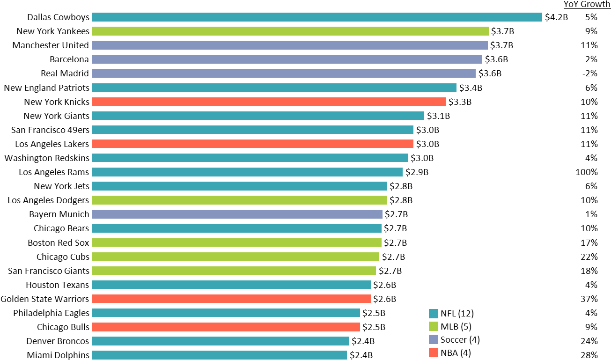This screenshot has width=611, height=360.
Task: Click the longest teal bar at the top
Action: (x=317, y=17)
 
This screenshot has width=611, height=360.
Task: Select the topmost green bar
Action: (x=290, y=31)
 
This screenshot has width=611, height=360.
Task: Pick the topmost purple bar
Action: (x=290, y=45)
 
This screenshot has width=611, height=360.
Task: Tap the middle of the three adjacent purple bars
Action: (x=287, y=59)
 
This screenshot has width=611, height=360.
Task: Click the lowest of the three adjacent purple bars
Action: (x=284, y=73)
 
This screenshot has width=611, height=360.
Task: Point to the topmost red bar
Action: (x=269, y=102)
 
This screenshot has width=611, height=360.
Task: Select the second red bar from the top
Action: (x=253, y=144)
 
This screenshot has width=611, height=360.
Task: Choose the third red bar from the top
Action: (x=231, y=299)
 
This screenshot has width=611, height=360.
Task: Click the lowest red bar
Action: (x=226, y=327)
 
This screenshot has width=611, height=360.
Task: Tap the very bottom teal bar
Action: (x=220, y=355)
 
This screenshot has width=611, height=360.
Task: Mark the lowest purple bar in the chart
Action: (x=237, y=214)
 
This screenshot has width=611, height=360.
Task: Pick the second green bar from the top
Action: (x=239, y=200)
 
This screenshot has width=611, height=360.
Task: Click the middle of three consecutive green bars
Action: (x=236, y=257)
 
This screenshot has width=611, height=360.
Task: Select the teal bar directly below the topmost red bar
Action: (x=258, y=116)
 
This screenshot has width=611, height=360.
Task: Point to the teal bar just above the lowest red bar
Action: (x=226, y=313)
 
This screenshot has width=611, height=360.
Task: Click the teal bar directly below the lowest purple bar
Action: (x=236, y=228)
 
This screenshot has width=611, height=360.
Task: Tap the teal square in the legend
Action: (x=434, y=314)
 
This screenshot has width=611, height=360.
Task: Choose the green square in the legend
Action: (x=434, y=326)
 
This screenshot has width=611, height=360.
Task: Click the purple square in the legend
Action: (x=434, y=339)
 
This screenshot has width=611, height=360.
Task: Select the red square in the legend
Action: (x=434, y=353)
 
